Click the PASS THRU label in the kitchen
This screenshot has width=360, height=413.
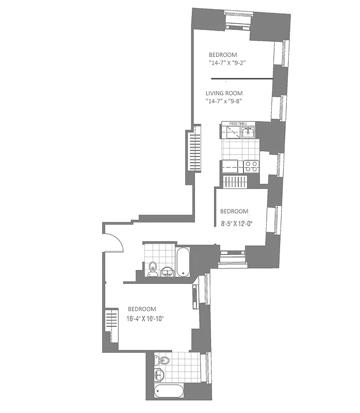coord(238,124)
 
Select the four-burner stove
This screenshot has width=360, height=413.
coord(251,166)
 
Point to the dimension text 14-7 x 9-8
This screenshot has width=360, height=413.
coord(224,102)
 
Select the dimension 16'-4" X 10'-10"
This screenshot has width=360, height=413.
coord(145,319)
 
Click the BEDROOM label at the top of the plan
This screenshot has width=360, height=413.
coord(222,55)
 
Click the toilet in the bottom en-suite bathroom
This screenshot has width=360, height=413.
coord(164,360)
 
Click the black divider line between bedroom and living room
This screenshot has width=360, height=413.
coord(241,79)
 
